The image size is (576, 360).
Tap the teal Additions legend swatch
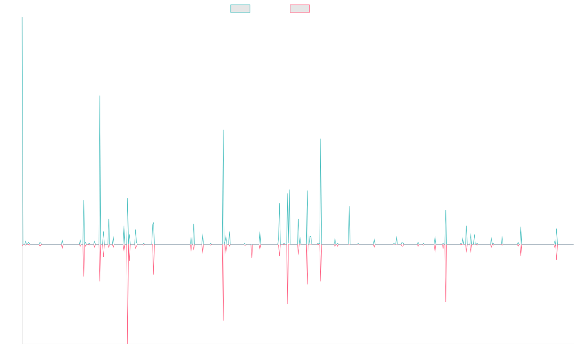[x=240, y=9]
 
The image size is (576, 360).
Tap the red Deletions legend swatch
[x=300, y=9]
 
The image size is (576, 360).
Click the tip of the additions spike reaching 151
[x=100, y=96]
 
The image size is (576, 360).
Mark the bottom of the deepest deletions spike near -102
[x=127, y=344]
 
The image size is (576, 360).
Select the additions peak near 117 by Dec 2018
[x=223, y=130]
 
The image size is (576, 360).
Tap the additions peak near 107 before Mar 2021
[x=321, y=139]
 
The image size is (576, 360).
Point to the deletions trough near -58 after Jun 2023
[x=446, y=301]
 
